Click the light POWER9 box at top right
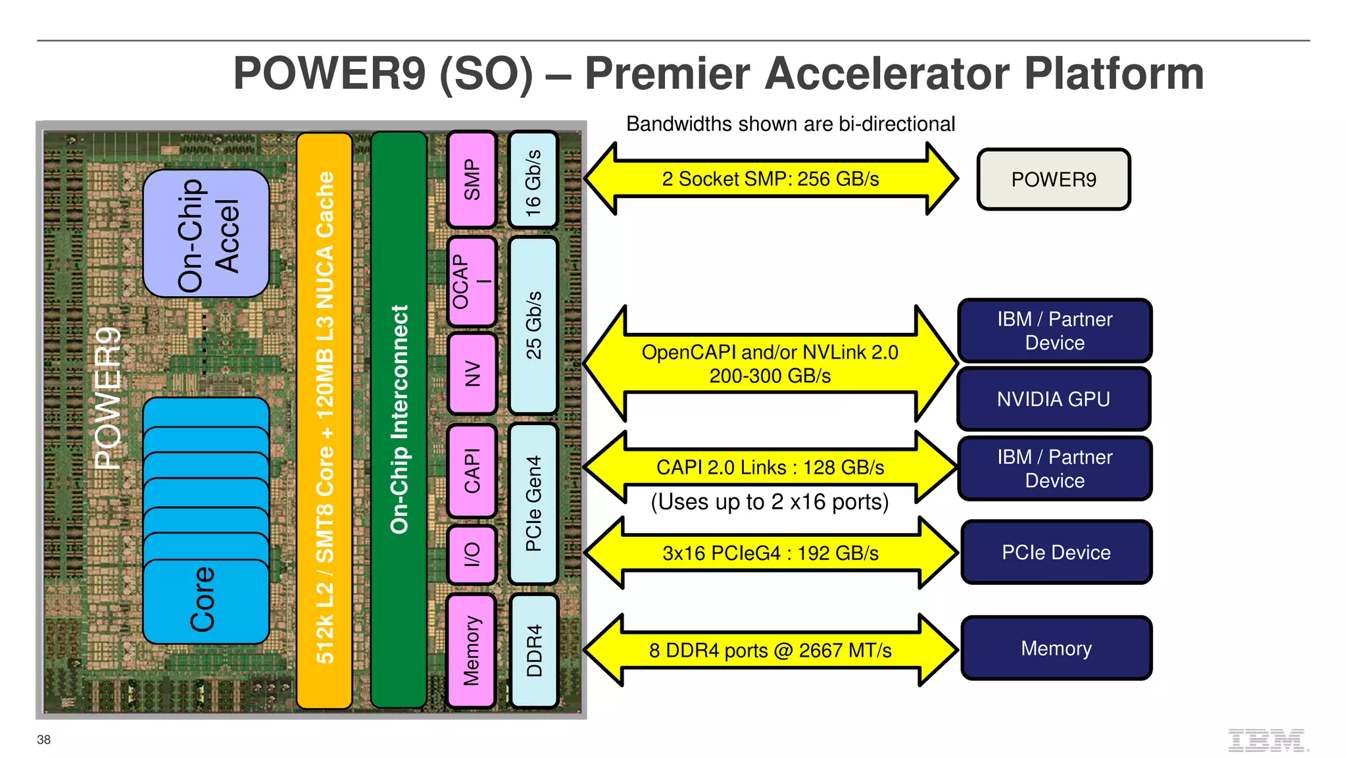(x=1053, y=180)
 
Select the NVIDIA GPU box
(x=1053, y=399)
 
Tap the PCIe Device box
(x=1056, y=553)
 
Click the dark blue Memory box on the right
(x=1056, y=649)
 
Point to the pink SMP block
(x=472, y=180)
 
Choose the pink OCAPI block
(x=471, y=282)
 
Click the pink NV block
(x=472, y=373)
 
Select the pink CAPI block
(x=472, y=470)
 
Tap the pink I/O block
(x=472, y=555)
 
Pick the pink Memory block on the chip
(x=471, y=651)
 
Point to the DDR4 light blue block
(x=533, y=651)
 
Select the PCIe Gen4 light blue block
(x=533, y=503)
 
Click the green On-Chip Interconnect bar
(x=399, y=419)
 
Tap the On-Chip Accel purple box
(x=206, y=234)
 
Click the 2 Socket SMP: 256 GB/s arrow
(x=770, y=179)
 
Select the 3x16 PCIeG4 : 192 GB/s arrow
(x=770, y=553)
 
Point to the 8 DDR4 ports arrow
(x=770, y=651)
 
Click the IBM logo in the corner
(x=1267, y=740)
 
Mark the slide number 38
(x=43, y=740)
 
